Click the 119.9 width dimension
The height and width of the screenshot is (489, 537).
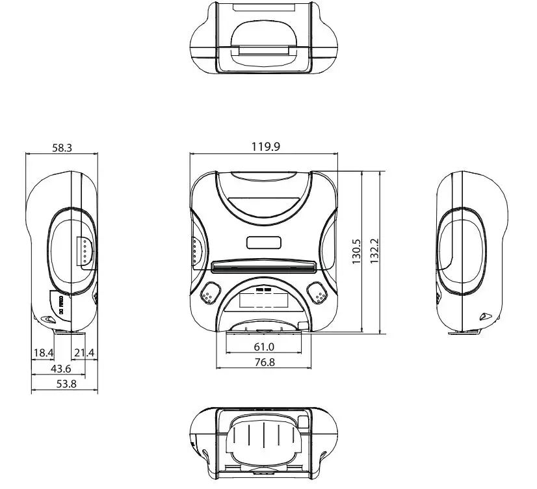[x=265, y=147]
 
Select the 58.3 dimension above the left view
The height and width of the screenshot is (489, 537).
[x=62, y=148]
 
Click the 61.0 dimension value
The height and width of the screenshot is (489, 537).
[x=263, y=347]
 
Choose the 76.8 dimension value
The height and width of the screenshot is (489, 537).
[x=263, y=362]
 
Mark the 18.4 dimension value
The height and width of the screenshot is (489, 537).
[x=43, y=352]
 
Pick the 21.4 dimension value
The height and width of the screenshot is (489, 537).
[x=84, y=352]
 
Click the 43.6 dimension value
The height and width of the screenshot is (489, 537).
[x=62, y=368]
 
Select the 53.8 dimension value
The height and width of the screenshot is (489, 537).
[x=64, y=384]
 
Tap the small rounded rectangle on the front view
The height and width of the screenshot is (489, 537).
[x=264, y=242]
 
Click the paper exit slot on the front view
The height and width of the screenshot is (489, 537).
[x=263, y=266]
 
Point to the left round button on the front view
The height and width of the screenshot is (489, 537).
[x=209, y=294]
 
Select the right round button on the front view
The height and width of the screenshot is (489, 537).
[x=318, y=294]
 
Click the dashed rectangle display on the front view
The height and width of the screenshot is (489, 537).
[x=264, y=300]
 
